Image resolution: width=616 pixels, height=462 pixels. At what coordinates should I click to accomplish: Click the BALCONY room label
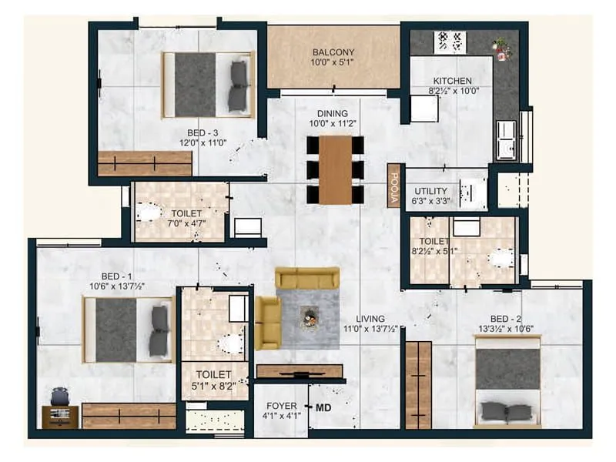333,52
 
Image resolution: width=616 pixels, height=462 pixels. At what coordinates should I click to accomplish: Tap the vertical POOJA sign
393,186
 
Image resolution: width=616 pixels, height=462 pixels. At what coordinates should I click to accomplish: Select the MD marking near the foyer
323,407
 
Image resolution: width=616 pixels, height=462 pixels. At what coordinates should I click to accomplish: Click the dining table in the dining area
335,169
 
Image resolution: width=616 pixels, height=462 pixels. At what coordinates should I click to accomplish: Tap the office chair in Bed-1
59,397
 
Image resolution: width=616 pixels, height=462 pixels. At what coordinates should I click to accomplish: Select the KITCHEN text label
452,81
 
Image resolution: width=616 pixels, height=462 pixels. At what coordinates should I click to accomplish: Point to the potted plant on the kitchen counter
502,49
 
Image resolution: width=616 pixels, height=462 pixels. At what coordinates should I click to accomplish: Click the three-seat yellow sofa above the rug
307,278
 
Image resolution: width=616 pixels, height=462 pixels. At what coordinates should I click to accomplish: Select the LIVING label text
370,319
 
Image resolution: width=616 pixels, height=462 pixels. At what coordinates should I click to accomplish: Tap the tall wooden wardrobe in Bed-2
418,385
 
